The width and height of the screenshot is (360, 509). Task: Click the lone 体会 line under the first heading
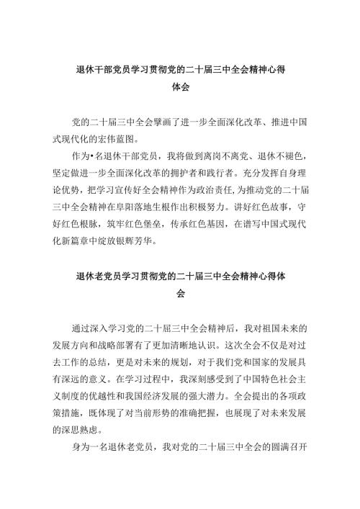click(180, 89)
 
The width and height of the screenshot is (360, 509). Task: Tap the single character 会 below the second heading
click(180, 295)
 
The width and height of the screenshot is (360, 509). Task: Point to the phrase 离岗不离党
click(219, 156)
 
